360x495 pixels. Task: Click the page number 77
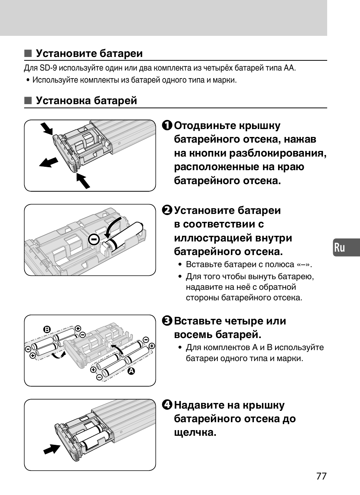click(321, 476)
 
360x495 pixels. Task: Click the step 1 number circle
click(168, 125)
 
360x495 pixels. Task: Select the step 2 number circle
click(168, 210)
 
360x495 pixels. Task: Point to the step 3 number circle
click(168, 321)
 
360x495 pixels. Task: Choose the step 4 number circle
click(168, 405)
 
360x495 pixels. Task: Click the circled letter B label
click(47, 329)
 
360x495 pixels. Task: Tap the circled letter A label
click(131, 371)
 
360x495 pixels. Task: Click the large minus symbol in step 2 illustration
click(94, 239)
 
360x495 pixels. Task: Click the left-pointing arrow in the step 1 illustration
click(49, 163)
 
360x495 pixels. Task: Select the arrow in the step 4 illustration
click(52, 449)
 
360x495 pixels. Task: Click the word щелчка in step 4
click(195, 432)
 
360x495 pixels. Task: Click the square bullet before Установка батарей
click(28, 100)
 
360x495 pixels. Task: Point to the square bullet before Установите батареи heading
click(28, 53)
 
